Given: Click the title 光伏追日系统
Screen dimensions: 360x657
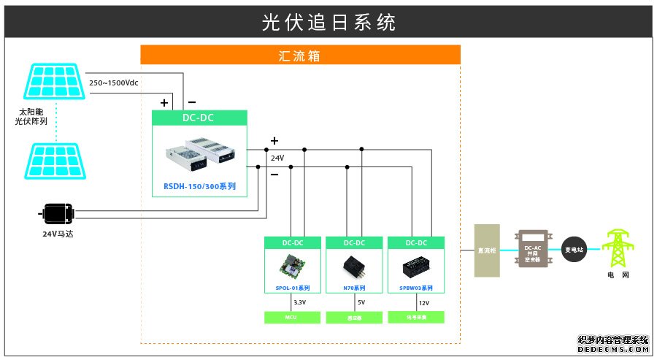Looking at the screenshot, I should [x=328, y=23].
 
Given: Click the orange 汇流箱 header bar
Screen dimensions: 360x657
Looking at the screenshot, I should [x=300, y=55].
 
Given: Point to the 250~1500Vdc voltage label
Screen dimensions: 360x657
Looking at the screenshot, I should [x=113, y=83].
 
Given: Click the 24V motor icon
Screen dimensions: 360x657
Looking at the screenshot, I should [x=58, y=214].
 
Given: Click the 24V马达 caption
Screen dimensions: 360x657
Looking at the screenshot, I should [x=59, y=234].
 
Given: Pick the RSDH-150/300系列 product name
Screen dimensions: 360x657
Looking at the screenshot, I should [x=199, y=186].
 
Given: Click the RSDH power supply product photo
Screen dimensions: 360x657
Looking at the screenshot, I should [x=199, y=150].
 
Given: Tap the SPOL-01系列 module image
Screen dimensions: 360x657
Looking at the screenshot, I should [x=291, y=267].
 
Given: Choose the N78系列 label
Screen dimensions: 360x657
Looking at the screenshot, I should [x=354, y=288].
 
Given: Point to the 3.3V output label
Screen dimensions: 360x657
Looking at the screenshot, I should [x=299, y=302].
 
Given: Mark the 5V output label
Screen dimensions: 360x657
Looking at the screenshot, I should [x=361, y=302].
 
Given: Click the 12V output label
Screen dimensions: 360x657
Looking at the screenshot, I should [x=424, y=302].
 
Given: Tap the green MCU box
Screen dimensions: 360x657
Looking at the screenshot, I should [x=291, y=317].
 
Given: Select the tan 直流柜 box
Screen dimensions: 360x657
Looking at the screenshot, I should [x=487, y=250].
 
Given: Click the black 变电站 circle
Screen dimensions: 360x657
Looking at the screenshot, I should [x=575, y=250].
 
